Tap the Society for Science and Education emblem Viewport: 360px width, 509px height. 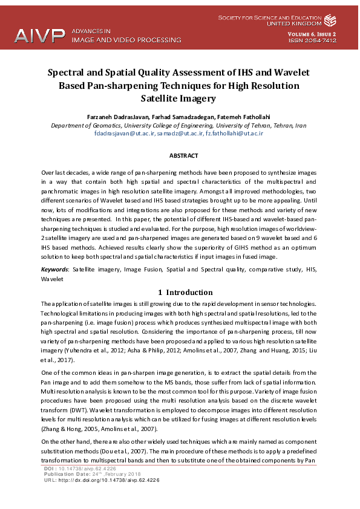click(x=330, y=21)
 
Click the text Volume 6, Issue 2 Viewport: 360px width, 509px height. click(x=312, y=34)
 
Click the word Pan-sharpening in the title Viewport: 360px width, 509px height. click(x=115, y=85)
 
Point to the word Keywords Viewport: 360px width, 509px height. click(x=54, y=268)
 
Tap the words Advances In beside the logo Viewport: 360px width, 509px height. click(x=91, y=30)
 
